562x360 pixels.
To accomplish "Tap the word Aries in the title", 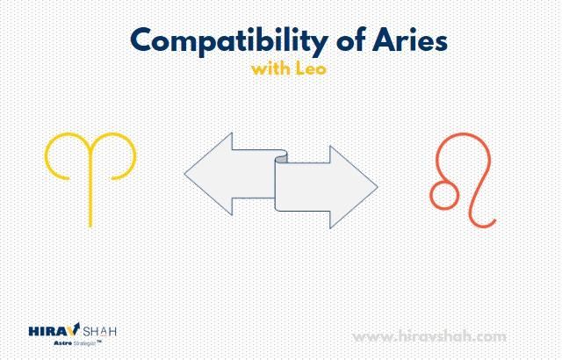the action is coord(410,40).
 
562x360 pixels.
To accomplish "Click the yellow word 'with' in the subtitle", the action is coord(270,68).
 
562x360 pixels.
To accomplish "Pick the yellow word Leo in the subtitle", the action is coord(311,68).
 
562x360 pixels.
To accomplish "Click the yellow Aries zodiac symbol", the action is coord(90,179).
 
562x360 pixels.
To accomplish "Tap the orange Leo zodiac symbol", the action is coord(463,180).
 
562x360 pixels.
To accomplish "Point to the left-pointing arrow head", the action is coord(209,174).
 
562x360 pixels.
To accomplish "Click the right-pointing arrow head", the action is coord(353,187).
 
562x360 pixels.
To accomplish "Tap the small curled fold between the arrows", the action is coord(281,157).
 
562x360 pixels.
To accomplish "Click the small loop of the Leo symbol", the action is coord(444,195).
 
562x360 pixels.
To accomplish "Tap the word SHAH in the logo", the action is coord(100,331).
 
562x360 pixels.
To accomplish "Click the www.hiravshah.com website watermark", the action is coord(429,337).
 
